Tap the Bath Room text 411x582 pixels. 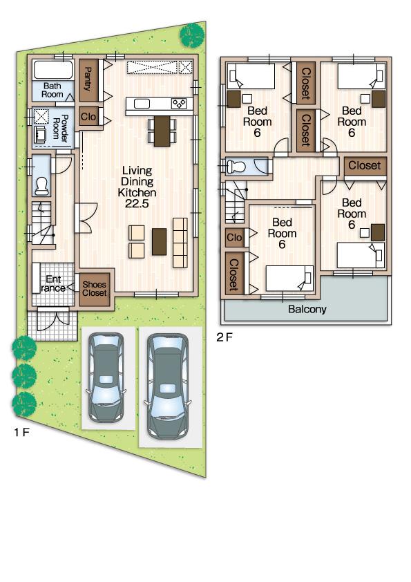pos(52,90)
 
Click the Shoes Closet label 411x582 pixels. pos(95,288)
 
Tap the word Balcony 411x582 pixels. pos(307,310)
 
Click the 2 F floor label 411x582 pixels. pos(224,337)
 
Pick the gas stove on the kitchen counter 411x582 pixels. pos(179,104)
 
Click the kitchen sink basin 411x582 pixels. pos(142,104)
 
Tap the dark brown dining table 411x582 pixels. pos(162,131)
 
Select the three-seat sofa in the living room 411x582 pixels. pos(180,242)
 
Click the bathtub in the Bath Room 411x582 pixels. pos(53,71)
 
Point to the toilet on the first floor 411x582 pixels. pos(41,186)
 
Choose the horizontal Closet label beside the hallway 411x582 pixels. pos(364,166)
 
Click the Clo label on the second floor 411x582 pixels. pos(235,238)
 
